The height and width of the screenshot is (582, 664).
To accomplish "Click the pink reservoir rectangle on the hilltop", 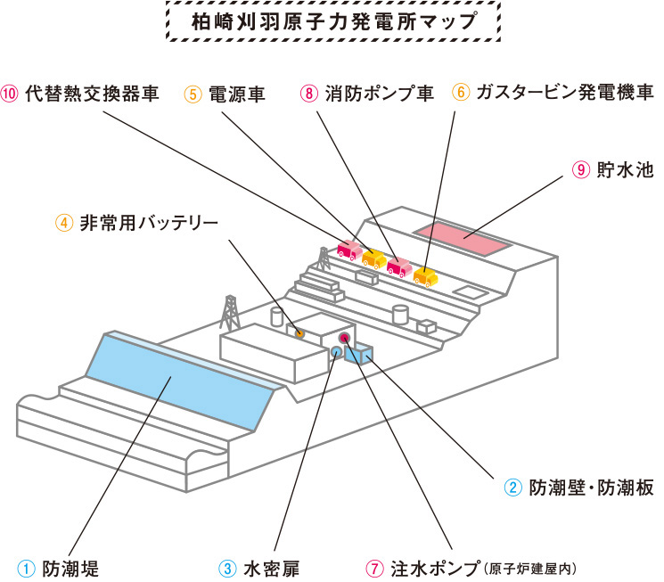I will coord(463,237).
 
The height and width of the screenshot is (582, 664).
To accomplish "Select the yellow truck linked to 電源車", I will coord(373,258).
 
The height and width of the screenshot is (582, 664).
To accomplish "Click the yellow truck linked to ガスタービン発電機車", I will coord(424,275).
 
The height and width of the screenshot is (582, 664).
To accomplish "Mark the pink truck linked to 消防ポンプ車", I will coord(398,266).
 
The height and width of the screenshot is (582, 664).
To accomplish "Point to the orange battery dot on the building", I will coord(300,333).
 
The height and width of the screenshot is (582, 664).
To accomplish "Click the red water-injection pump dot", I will coord(346,338).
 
